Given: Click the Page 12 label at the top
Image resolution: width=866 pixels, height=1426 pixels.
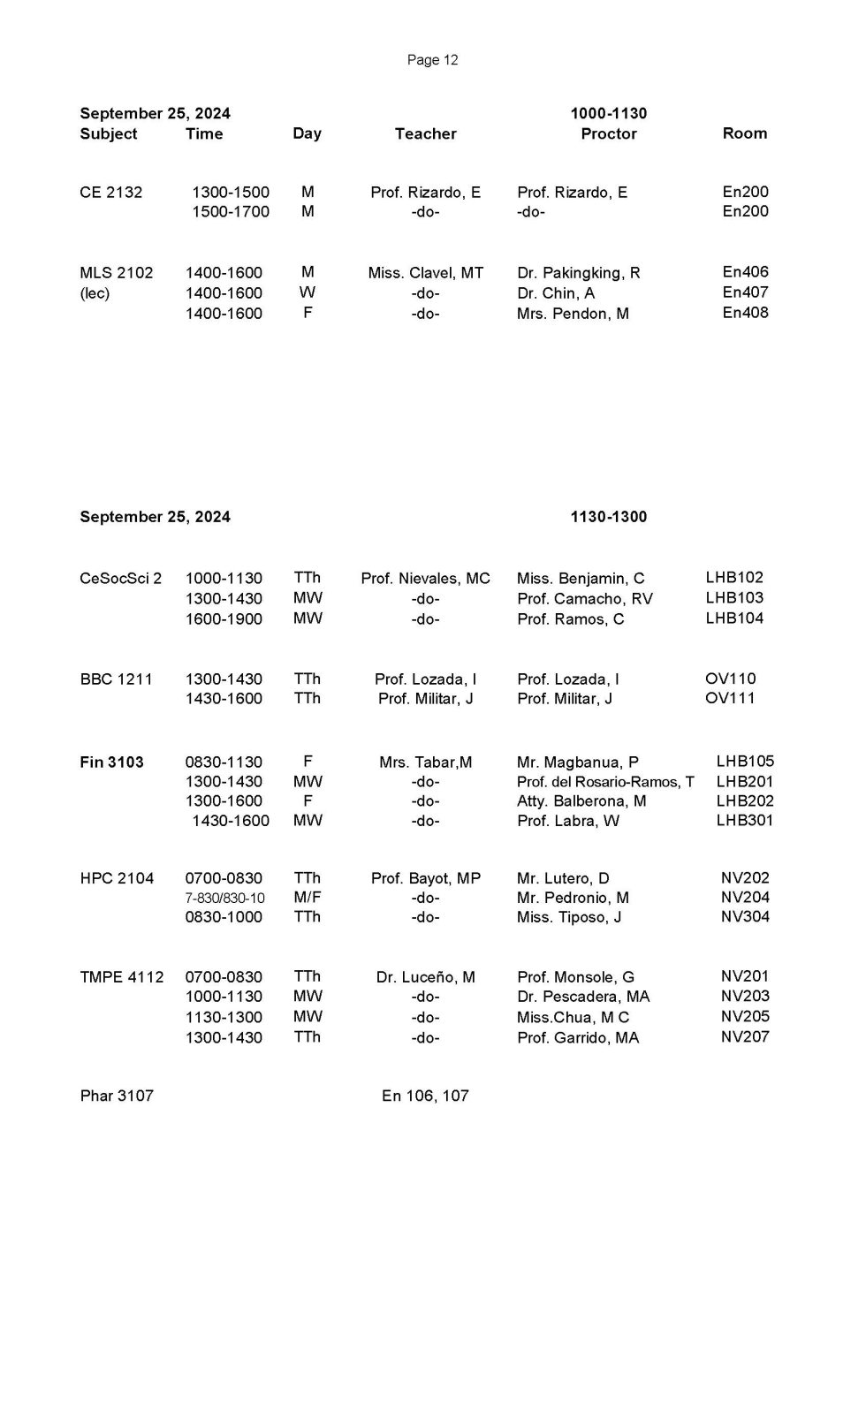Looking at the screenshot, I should (x=432, y=60).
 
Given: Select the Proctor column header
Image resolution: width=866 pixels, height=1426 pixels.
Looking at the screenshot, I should (x=609, y=133).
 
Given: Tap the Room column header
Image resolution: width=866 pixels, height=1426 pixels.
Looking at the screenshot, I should (x=745, y=133).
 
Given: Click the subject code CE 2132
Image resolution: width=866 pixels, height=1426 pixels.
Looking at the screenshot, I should (x=110, y=193).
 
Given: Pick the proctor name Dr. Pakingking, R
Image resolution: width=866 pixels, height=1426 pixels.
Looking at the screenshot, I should (x=579, y=273).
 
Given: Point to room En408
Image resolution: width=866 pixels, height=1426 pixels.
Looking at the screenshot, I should (x=745, y=313).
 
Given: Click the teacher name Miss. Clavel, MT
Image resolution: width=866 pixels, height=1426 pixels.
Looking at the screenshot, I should (x=425, y=273).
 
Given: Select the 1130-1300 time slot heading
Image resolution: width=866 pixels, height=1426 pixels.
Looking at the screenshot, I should (x=609, y=517).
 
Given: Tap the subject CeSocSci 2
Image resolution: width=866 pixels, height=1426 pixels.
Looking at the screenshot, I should (x=120, y=579).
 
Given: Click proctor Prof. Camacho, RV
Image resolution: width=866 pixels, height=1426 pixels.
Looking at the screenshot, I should (x=585, y=599).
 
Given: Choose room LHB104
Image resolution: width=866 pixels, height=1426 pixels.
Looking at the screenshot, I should (x=734, y=618).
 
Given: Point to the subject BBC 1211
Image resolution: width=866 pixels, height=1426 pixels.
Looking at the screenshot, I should (x=116, y=679).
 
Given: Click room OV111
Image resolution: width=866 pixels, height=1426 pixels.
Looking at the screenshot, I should (x=731, y=699).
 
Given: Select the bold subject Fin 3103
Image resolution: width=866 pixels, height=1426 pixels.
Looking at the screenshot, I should (x=111, y=762).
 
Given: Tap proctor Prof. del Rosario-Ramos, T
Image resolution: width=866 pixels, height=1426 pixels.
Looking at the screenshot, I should (x=605, y=782).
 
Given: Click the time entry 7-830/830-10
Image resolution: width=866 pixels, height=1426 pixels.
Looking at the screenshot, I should (x=224, y=899).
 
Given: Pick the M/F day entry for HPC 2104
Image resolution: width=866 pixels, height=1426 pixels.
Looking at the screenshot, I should (x=308, y=898).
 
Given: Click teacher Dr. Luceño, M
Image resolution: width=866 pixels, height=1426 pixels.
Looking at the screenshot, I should (x=425, y=977).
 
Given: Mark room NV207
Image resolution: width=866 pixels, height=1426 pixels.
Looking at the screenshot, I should (x=745, y=1037).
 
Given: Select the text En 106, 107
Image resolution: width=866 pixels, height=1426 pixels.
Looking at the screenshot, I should (x=425, y=1096).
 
